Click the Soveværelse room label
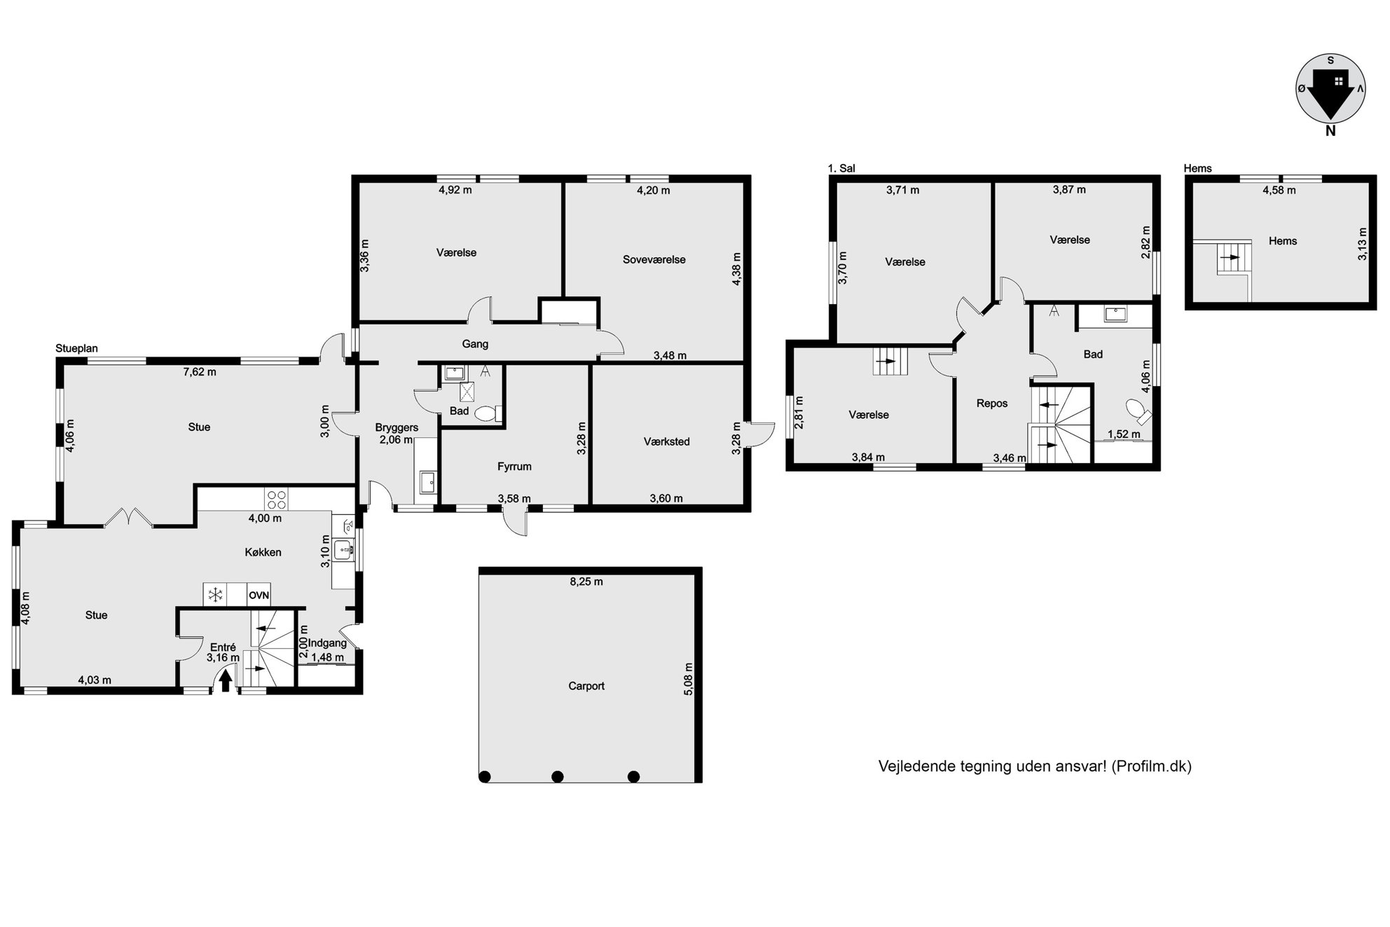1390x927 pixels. tap(654, 259)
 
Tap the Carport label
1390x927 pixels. tap(586, 686)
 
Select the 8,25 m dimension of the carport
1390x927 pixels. tap(586, 582)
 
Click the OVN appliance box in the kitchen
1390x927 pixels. tap(259, 596)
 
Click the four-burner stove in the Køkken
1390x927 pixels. tap(276, 499)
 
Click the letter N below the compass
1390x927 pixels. tap(1330, 131)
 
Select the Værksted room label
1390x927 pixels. tap(667, 441)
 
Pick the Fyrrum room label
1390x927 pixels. tap(514, 467)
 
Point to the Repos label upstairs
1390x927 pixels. tap(992, 404)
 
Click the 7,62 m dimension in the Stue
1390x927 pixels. tap(200, 372)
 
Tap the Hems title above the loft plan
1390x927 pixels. tap(1197, 168)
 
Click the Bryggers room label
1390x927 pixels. tap(397, 427)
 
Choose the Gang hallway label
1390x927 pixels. tap(475, 344)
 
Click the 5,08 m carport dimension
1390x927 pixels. tap(689, 679)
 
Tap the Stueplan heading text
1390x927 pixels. tap(76, 348)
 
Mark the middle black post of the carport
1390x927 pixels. tap(558, 776)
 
